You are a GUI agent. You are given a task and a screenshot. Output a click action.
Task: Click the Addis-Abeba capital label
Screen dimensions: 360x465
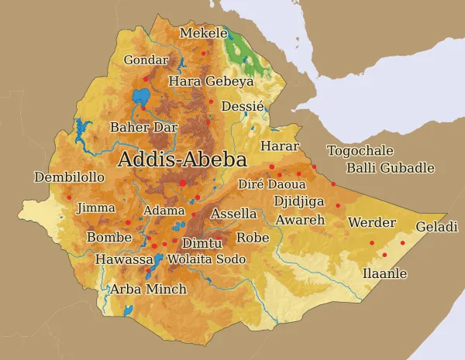point(182,160)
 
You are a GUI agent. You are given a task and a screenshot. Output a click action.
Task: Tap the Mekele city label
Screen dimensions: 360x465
point(204,33)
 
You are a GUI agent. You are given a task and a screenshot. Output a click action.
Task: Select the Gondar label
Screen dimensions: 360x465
point(146,60)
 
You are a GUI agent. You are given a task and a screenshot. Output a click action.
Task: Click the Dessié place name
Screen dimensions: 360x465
point(243,106)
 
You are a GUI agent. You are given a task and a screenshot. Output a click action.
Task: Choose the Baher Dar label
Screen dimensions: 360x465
point(144,127)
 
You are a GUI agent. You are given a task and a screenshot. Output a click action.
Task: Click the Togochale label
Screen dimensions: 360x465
point(360,151)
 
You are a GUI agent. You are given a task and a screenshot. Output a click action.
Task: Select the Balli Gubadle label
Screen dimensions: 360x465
point(390,168)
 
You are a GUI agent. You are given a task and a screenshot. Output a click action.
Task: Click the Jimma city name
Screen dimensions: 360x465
point(96,207)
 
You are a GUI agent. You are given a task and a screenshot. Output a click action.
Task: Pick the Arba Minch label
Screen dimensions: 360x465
point(147,290)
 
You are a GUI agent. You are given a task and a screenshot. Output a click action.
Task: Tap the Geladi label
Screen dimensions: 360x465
point(437,227)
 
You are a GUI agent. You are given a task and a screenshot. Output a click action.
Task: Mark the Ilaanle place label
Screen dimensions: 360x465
point(384,273)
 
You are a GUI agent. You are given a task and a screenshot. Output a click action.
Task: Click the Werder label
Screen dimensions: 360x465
point(372,223)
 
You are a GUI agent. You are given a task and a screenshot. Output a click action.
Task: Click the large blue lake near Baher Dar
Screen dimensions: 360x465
point(141,98)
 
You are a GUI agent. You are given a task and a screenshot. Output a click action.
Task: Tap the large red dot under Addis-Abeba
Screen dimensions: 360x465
point(183,183)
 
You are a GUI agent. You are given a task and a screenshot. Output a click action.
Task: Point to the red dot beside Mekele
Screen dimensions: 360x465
point(205,53)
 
